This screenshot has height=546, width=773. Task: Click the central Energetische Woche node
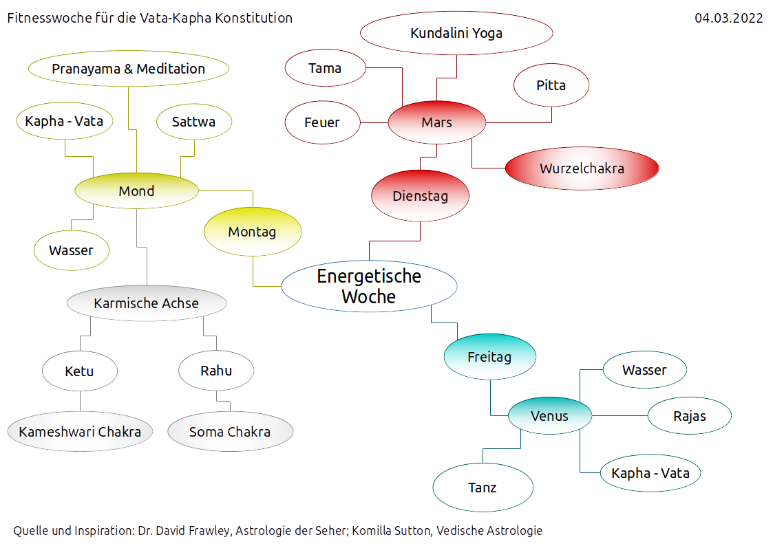click(x=369, y=287)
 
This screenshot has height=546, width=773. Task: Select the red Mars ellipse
click(x=437, y=122)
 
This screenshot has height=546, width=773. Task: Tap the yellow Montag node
click(x=253, y=232)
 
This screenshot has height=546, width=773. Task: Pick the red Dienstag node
click(x=420, y=196)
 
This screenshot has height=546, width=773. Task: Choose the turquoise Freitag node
click(x=489, y=358)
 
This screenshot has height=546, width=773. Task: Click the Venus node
click(x=549, y=415)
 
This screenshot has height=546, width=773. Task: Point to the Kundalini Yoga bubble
click(x=456, y=33)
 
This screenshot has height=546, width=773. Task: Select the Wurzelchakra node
click(x=582, y=168)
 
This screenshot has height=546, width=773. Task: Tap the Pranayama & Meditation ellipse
click(x=128, y=69)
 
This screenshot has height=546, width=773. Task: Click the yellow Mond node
click(x=136, y=191)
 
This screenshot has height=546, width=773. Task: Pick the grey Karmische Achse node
click(x=146, y=303)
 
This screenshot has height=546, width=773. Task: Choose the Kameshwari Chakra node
click(x=80, y=432)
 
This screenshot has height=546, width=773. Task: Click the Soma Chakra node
click(x=230, y=432)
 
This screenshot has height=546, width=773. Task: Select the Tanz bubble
click(x=483, y=488)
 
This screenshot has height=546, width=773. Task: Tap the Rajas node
click(x=689, y=415)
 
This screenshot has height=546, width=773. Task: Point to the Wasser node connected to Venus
click(x=644, y=370)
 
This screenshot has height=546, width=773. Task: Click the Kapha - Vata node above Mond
click(x=64, y=122)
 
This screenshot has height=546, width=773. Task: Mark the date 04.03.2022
click(x=728, y=19)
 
